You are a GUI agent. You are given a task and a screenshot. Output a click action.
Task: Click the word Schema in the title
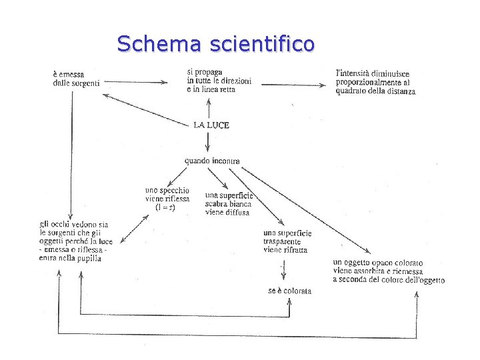tap(159, 44)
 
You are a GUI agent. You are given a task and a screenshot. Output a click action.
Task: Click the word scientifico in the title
tap(261, 44)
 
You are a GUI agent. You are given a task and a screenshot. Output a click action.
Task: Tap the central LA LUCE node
tap(211, 125)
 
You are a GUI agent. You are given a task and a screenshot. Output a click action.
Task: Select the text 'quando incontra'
tap(212, 161)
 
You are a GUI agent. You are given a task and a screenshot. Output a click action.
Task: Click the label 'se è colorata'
tap(289, 291)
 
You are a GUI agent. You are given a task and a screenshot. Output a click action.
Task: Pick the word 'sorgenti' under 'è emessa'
tap(86, 83)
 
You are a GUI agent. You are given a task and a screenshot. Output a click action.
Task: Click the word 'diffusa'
tap(236, 212)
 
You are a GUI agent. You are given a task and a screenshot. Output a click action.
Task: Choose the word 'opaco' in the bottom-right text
tap(376, 262)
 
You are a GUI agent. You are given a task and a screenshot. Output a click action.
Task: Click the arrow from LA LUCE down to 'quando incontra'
tap(208, 141)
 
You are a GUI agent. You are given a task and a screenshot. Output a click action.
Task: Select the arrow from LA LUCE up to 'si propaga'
tap(209, 107)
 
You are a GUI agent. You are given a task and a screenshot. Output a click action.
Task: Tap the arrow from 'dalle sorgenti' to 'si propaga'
tap(137, 83)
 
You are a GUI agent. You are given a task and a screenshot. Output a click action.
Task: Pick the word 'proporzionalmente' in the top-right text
tap(371, 82)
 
